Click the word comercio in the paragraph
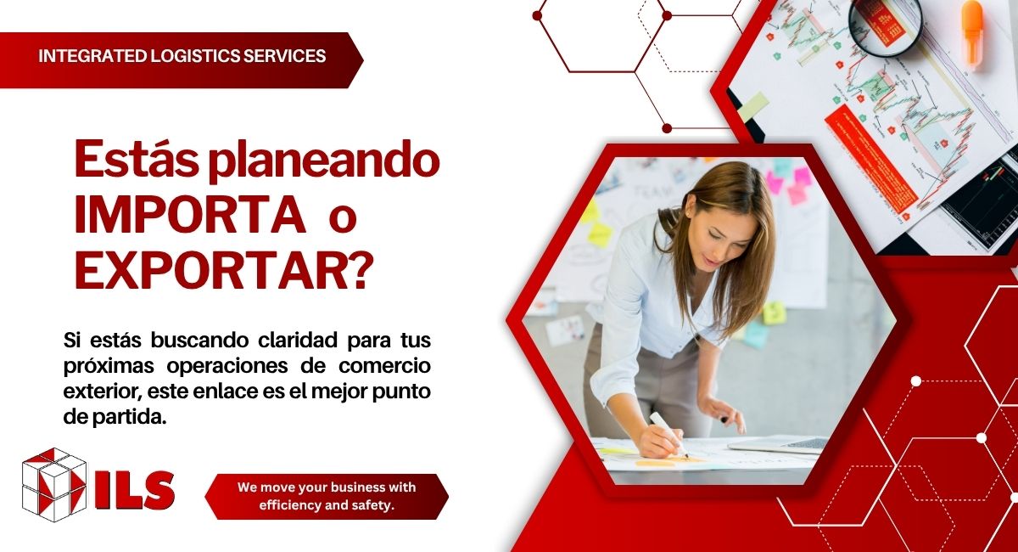(x=385, y=366)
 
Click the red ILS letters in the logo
(x=135, y=490)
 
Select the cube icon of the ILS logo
(x=54, y=485)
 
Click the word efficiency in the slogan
(x=290, y=505)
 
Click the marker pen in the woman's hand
(x=668, y=434)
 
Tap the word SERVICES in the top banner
(x=284, y=56)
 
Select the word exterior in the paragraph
(x=103, y=391)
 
